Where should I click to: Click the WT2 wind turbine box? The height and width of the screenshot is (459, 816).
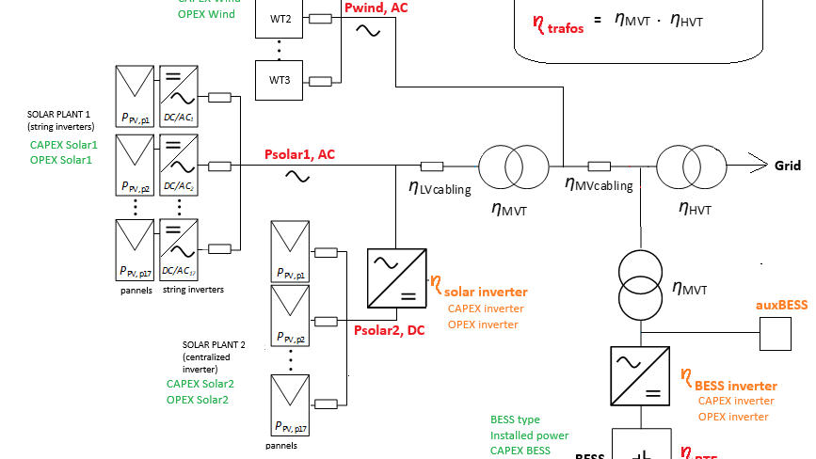coord(280,20)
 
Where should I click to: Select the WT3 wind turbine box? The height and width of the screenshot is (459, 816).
coord(280,80)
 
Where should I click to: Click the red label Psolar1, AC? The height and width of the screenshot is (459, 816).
coord(299,154)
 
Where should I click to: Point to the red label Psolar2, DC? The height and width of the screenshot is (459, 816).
coord(389,330)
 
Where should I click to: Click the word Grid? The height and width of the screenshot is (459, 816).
coord(787,166)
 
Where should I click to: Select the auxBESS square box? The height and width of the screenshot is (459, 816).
coord(776,332)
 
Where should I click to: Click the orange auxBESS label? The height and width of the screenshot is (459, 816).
coord(781,306)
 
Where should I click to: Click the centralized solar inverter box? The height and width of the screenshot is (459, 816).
coord(396,278)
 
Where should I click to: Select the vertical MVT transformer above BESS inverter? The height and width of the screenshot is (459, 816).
coord(640,283)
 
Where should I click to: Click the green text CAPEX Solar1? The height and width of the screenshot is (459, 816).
coord(63,145)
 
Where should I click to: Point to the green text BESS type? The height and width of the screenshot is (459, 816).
coord(515,419)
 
